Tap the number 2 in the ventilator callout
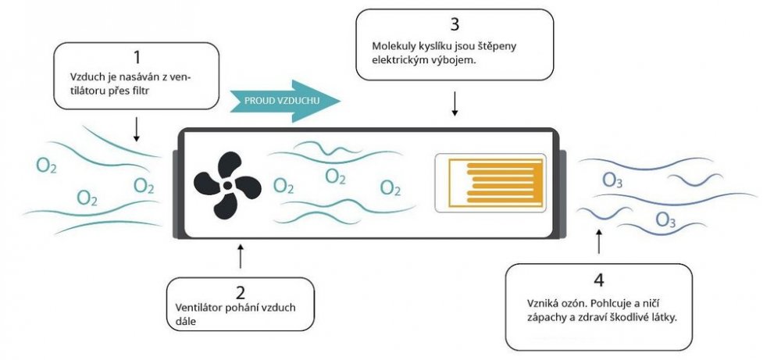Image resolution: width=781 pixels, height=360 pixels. pyautogui.click(x=241, y=293)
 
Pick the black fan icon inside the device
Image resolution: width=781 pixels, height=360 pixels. pyautogui.click(x=226, y=186)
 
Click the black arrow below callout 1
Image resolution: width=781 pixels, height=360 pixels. pyautogui.click(x=136, y=130)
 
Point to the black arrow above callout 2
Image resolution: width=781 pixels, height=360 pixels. pyautogui.click(x=240, y=256)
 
